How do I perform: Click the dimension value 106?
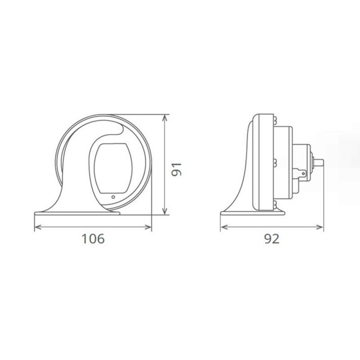click(93, 238)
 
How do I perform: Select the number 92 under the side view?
click(272, 238)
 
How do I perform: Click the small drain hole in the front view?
click(113, 197)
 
